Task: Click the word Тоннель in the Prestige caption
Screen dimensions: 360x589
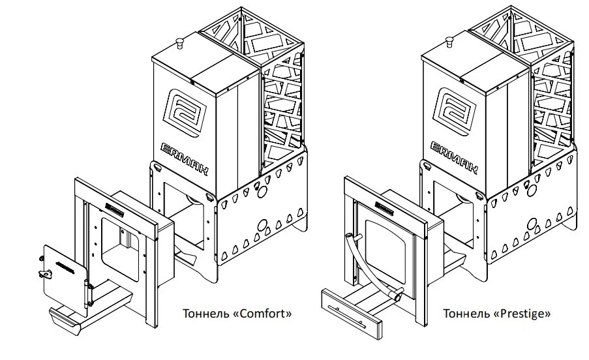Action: (x=464, y=314)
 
